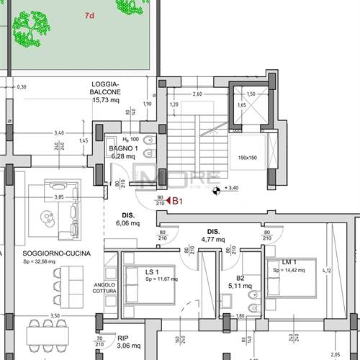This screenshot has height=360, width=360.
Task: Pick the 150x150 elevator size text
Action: (248, 158)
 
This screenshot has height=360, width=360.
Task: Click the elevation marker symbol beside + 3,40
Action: (216, 190)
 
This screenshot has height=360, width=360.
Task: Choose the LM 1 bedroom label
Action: (289, 262)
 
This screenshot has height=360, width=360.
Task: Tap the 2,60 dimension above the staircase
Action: (197, 94)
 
